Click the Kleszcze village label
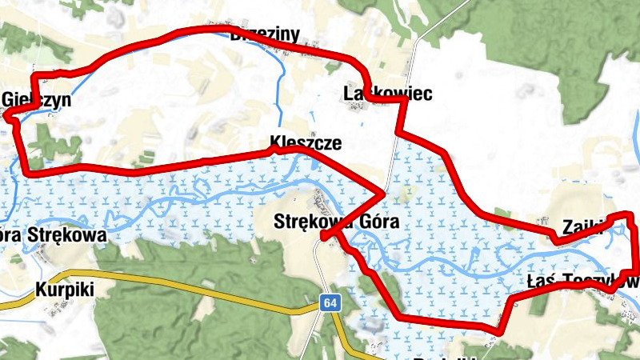[306, 144]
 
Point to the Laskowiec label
[387, 94]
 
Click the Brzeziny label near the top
[264, 34]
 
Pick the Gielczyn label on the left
[38, 101]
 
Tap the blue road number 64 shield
[330, 303]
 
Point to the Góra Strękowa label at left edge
[53, 236]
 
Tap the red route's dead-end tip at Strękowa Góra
[322, 237]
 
